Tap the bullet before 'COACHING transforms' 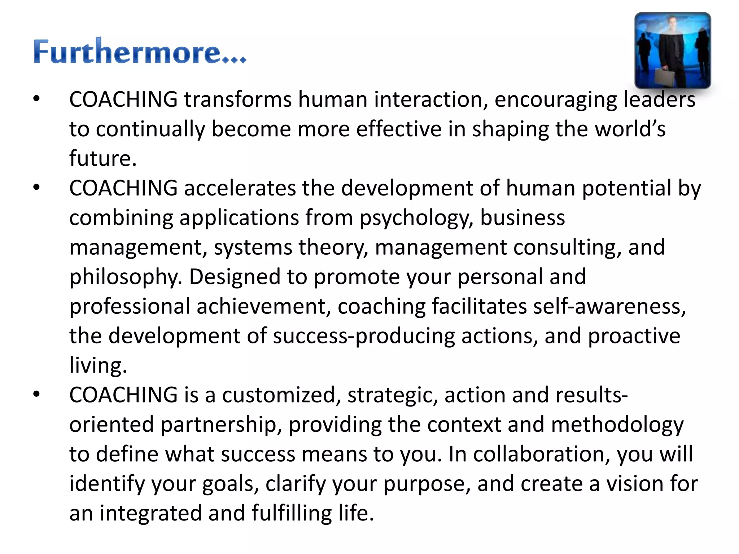click(x=36, y=99)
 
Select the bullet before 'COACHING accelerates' click(x=36, y=188)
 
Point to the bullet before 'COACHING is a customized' click(x=36, y=395)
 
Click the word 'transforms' click(x=238, y=100)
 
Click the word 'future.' click(x=103, y=159)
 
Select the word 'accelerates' click(x=240, y=188)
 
